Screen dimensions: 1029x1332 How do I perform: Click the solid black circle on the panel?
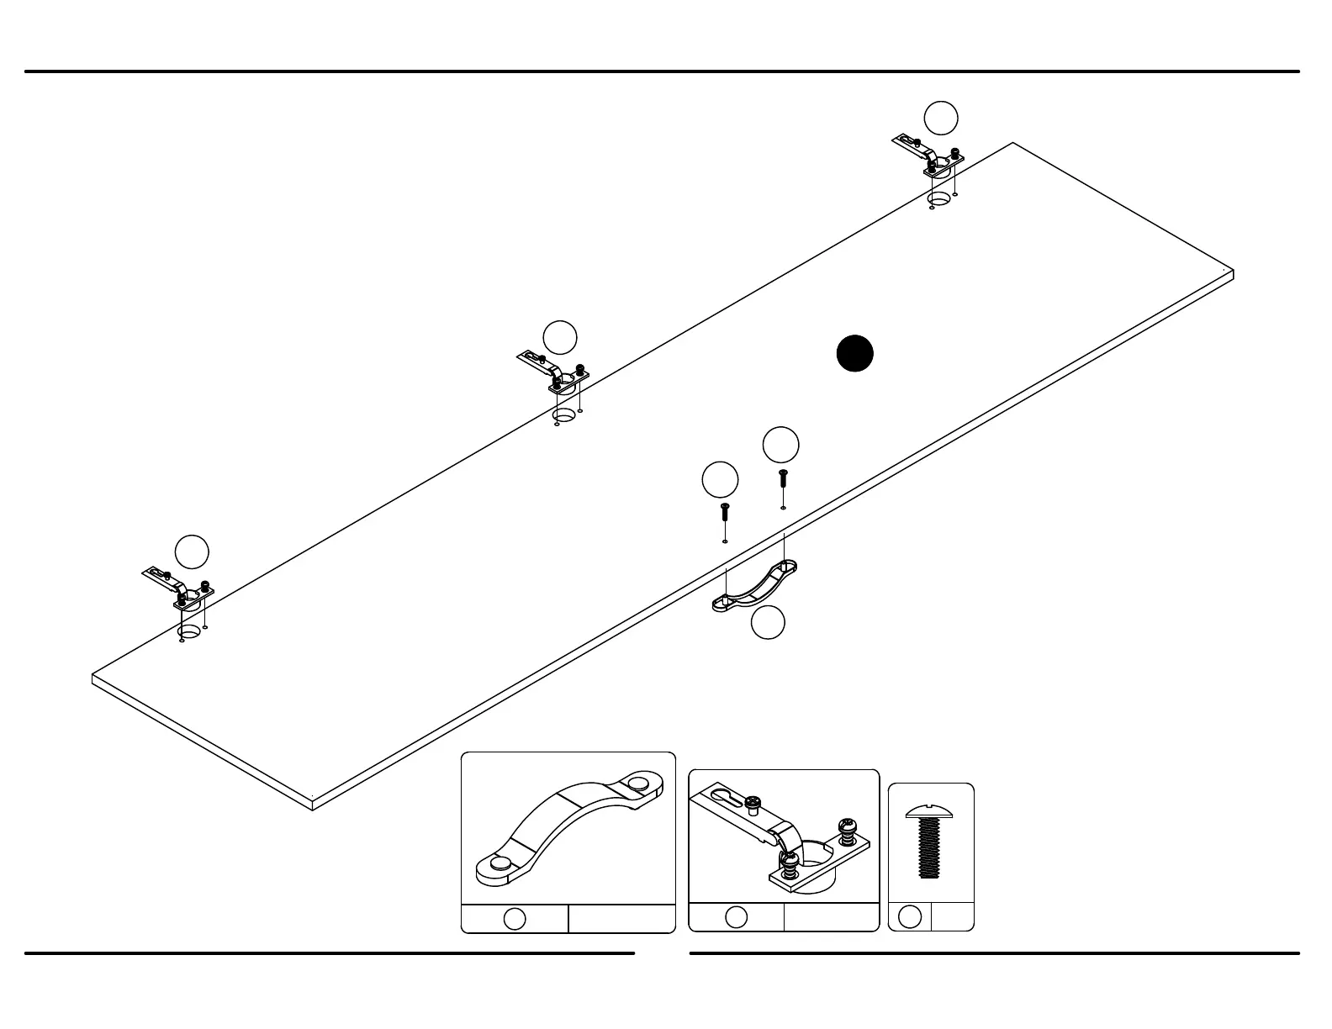[854, 353]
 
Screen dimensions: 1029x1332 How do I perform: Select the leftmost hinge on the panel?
[180, 587]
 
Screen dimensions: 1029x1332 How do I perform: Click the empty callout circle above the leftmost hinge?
[192, 551]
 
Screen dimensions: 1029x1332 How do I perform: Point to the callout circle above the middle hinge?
[560, 338]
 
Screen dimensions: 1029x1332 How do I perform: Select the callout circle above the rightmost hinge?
[941, 118]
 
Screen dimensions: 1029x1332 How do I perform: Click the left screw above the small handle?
[725, 511]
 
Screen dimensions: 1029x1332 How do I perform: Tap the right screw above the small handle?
[783, 478]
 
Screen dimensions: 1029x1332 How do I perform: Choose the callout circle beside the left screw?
[720, 479]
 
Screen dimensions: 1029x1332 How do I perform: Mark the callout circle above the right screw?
[780, 445]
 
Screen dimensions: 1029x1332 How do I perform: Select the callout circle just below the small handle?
[768, 623]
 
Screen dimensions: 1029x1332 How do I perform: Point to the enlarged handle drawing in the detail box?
[568, 828]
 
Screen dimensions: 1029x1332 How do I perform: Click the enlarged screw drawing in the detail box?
[929, 842]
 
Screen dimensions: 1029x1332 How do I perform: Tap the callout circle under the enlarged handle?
[515, 919]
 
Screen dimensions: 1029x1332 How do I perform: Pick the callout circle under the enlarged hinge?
[736, 917]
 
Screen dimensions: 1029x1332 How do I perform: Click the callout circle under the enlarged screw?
[910, 917]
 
